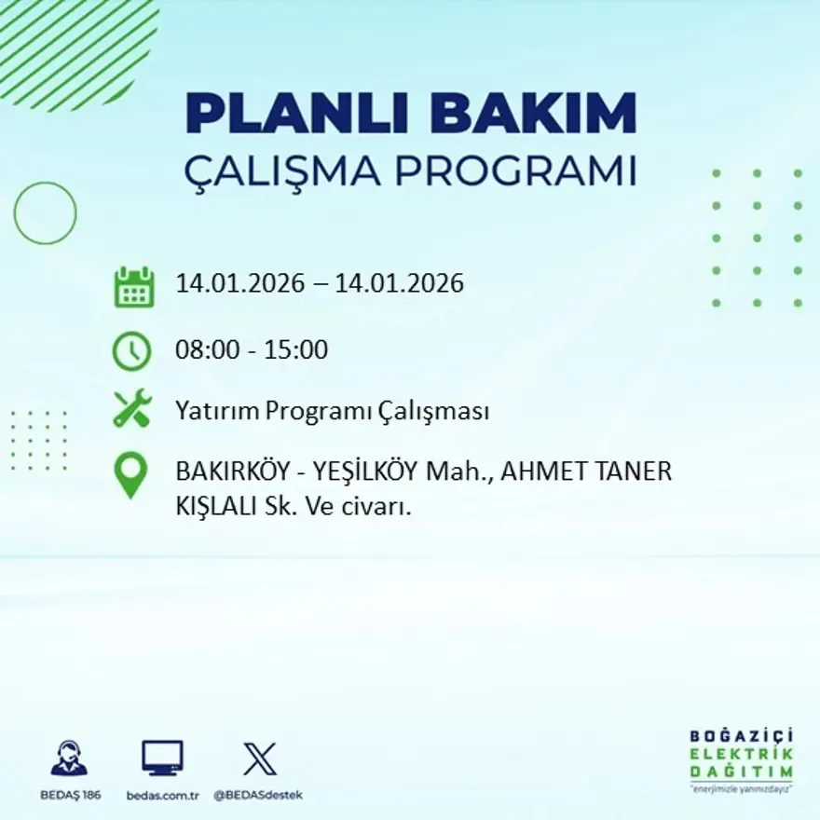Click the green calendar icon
pos(134,287)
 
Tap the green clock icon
pos(131,351)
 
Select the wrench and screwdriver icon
pos(132,409)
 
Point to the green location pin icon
pos(130,474)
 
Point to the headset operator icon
pos(69,758)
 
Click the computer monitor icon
pos(162,758)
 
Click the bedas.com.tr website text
pos(163,795)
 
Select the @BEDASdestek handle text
pos(258,795)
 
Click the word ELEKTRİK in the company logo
pos(741,754)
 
